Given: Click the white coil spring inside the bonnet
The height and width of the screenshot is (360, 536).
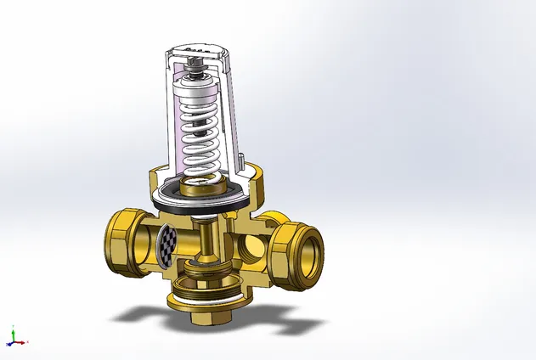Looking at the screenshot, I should [201, 136].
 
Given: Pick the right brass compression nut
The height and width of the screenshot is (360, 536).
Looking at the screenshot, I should [297, 250].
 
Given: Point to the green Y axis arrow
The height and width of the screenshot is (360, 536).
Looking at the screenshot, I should [12, 333].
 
